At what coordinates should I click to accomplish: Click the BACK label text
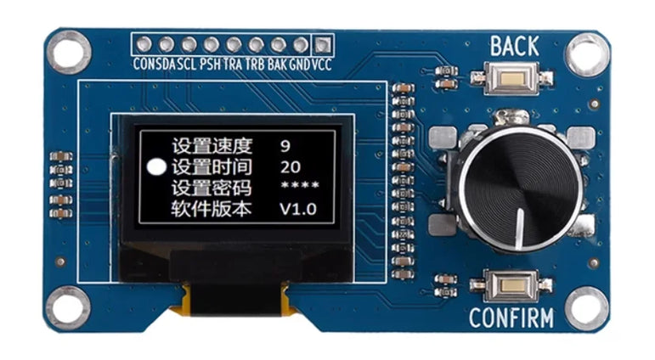tap(514, 47)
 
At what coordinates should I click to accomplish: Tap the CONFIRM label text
tap(511, 318)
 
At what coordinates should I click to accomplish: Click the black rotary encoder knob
tap(520, 188)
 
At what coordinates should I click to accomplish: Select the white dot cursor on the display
tap(156, 166)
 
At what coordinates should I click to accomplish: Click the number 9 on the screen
tap(285, 146)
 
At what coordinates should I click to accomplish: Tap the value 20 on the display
tap(291, 167)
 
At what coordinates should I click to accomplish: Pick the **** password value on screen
tap(300, 184)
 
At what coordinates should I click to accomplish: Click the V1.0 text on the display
tap(298, 209)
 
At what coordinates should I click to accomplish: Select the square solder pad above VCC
tap(323, 44)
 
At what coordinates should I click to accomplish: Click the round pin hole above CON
tap(144, 44)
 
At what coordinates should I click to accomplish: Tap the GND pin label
tap(300, 65)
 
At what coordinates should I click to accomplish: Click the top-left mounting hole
tap(69, 53)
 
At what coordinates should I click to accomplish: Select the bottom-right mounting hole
tap(586, 309)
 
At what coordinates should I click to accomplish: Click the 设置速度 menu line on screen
tap(212, 146)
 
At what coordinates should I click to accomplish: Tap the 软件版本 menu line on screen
tap(212, 208)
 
